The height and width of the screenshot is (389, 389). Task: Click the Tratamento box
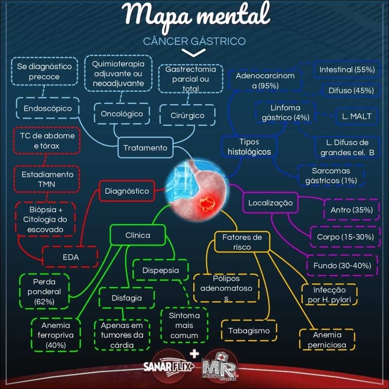(145, 148)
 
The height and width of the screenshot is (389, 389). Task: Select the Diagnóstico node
(127, 191)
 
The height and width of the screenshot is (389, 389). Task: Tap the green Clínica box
(138, 235)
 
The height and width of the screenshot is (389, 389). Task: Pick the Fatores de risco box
(242, 242)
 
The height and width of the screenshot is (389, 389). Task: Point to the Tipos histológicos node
(249, 147)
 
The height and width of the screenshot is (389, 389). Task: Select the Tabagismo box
(249, 331)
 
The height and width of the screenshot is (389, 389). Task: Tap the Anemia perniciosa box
(327, 340)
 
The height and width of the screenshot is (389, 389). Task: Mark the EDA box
(70, 257)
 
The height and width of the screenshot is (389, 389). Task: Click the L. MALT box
(357, 116)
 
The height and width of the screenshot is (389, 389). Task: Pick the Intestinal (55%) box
(347, 70)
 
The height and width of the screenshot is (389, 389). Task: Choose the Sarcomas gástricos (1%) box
(331, 176)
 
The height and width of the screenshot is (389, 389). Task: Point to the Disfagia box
(126, 298)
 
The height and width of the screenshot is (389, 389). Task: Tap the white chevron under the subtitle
(194, 53)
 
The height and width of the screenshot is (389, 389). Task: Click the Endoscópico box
(47, 109)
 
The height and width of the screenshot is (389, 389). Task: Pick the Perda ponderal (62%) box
(44, 291)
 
